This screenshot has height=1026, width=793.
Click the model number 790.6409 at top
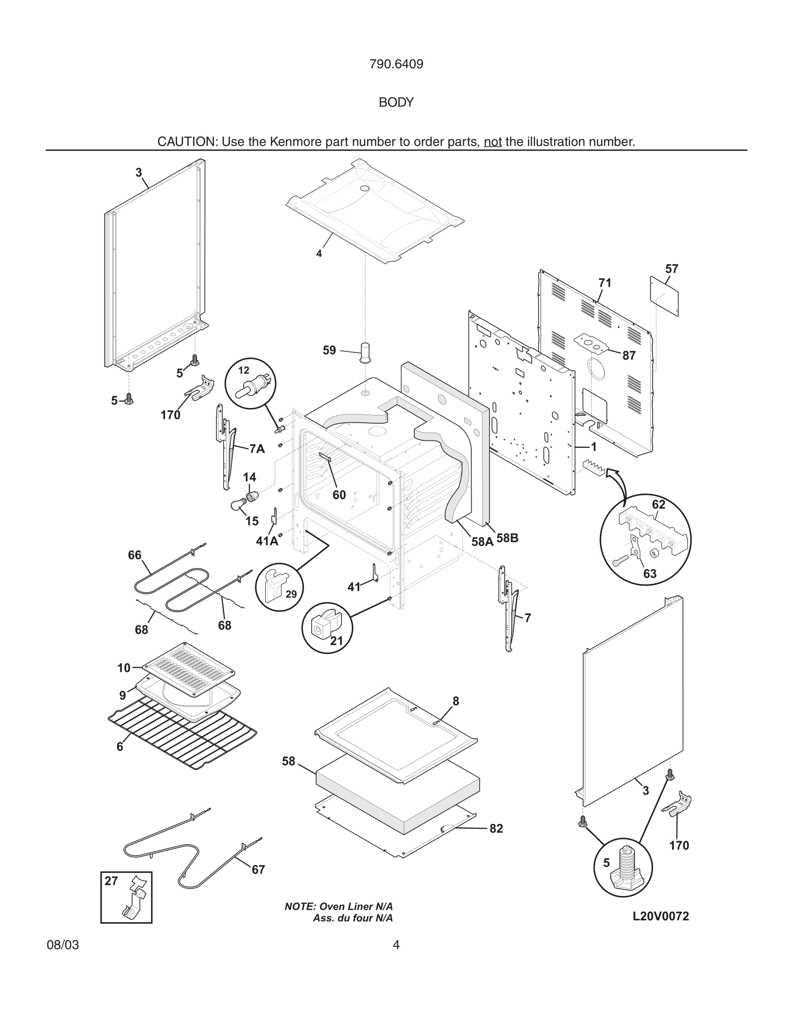[x=396, y=64]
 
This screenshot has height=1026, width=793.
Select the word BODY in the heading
[x=396, y=102]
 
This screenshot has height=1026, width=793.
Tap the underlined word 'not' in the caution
[x=492, y=142]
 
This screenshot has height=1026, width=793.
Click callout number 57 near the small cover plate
[x=671, y=269]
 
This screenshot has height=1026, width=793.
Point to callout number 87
[x=629, y=356]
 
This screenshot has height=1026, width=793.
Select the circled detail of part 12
[x=251, y=383]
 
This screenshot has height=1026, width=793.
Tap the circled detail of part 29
[x=279, y=587]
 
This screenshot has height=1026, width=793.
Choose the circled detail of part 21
[x=327, y=627]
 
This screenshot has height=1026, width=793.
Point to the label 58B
[x=508, y=538]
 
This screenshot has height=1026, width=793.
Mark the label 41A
[x=266, y=541]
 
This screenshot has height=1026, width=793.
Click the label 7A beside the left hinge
[x=257, y=449]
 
